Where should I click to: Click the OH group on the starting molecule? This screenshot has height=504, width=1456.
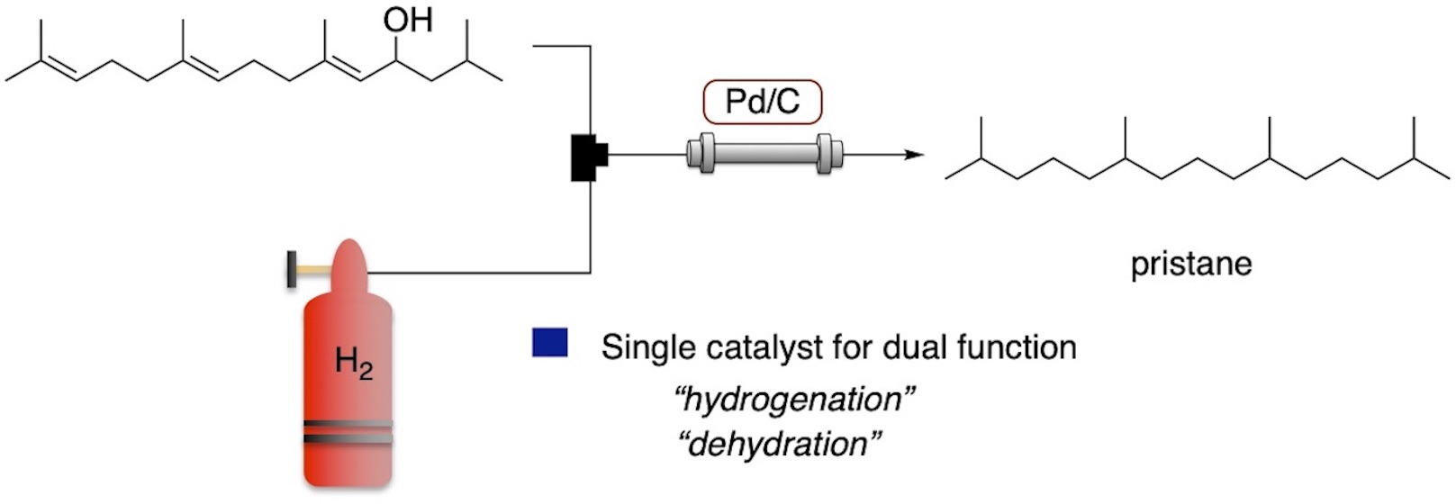(408, 19)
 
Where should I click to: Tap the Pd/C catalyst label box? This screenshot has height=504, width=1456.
(762, 102)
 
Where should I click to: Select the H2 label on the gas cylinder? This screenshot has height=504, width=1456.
(353, 363)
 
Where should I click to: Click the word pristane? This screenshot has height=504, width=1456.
(1190, 265)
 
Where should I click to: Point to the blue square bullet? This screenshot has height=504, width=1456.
(549, 344)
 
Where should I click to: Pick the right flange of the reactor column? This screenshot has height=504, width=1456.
(829, 154)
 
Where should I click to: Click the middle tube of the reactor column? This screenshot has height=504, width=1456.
(764, 154)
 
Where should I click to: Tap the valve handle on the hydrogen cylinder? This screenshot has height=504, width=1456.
(294, 269)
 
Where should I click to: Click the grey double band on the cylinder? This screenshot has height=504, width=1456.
(347, 432)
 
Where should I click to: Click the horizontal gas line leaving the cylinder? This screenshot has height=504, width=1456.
(477, 272)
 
